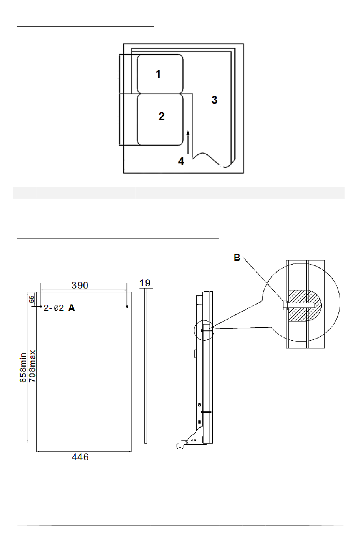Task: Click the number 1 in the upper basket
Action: [x=158, y=74]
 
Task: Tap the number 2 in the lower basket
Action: [x=161, y=116]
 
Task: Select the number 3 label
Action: [x=214, y=100]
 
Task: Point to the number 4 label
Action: [x=181, y=161]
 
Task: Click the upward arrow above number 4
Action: [x=188, y=142]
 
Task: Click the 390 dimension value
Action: [x=80, y=285]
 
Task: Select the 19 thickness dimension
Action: [x=145, y=283]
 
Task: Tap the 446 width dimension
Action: [x=80, y=457]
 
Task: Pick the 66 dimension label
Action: [x=32, y=299]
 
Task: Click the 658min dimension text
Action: [x=23, y=368]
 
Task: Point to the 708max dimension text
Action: [x=32, y=366]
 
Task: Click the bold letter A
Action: [x=72, y=308]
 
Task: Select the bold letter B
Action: [x=237, y=258]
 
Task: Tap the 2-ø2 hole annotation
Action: [x=54, y=308]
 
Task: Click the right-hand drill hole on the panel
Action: [x=127, y=306]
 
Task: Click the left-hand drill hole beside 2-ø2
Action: [x=41, y=306]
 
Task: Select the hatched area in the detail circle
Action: [x=305, y=306]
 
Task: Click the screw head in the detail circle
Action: [x=285, y=305]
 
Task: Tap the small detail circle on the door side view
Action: [x=204, y=331]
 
